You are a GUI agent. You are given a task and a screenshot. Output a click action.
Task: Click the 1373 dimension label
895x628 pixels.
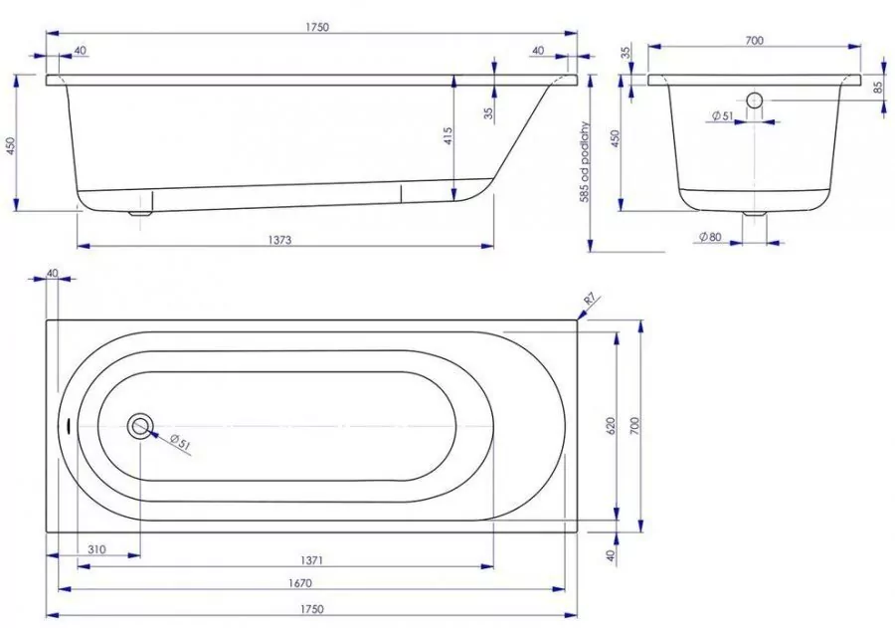click(x=279, y=240)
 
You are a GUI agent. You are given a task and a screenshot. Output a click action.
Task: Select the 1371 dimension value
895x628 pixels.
click(x=311, y=560)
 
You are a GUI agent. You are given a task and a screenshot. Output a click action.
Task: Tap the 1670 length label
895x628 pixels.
click(x=300, y=583)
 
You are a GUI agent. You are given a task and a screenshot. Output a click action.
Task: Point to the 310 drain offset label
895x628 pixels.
click(x=96, y=549)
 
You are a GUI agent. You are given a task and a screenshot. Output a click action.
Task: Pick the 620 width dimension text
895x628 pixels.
click(x=611, y=426)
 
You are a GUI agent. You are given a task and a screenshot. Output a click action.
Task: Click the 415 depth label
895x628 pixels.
click(x=447, y=136)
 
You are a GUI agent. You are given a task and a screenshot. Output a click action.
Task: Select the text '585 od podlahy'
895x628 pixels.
click(x=584, y=162)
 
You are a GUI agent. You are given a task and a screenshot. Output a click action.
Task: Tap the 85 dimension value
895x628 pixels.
click(x=878, y=87)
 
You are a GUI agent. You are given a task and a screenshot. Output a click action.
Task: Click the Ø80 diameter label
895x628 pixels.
click(x=710, y=237)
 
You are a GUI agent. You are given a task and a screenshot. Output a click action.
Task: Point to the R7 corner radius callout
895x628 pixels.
click(x=590, y=299)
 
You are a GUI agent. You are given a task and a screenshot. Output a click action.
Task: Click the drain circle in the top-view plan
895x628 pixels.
click(x=140, y=426)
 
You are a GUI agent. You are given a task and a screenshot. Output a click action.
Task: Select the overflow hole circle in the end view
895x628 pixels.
click(x=755, y=101)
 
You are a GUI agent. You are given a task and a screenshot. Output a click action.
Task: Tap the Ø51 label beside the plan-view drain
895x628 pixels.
click(x=179, y=441)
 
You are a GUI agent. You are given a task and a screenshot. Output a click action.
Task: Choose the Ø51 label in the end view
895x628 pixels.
click(x=722, y=116)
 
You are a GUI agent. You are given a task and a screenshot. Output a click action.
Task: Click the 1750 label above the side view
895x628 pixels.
click(x=317, y=27)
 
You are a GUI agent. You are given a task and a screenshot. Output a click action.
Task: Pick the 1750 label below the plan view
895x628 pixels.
click(x=311, y=608)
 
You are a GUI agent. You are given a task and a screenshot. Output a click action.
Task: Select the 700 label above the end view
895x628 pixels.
click(x=754, y=40)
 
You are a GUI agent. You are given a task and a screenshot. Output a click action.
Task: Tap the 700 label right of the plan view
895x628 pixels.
click(x=634, y=426)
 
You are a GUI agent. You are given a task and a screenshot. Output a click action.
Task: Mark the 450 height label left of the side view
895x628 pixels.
click(x=10, y=145)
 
